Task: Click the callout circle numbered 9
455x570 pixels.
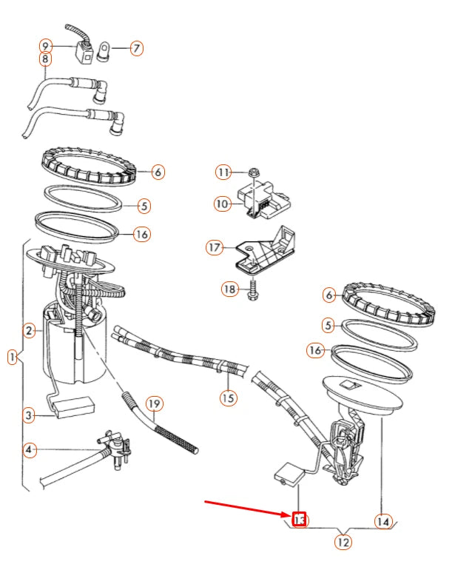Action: (46, 45)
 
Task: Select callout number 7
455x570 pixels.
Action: (136, 48)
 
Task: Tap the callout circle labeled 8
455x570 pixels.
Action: (46, 59)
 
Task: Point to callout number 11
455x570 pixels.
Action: (223, 172)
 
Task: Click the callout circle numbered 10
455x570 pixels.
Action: (223, 203)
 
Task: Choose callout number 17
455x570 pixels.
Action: (215, 248)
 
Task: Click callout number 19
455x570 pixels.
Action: (153, 404)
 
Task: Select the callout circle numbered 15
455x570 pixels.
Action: (228, 399)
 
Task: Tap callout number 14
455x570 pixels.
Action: (382, 522)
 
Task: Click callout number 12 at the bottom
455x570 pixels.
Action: (343, 543)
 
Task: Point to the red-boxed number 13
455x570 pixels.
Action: (299, 520)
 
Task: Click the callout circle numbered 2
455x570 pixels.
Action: (30, 331)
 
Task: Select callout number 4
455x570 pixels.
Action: (30, 449)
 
